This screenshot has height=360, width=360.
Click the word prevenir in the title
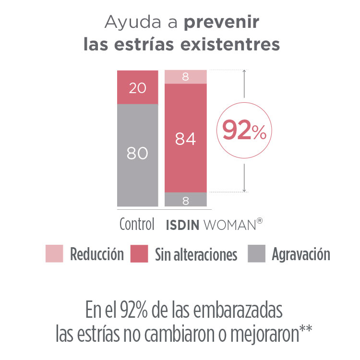click(x=222, y=23)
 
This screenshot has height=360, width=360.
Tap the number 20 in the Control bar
click(x=137, y=88)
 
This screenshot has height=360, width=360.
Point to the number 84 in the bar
click(x=185, y=139)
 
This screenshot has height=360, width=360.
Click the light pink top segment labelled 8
click(x=185, y=77)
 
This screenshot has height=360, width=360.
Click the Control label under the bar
click(x=137, y=225)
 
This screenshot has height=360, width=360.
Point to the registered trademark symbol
click(x=260, y=221)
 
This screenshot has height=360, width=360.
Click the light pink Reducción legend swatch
click(x=54, y=253)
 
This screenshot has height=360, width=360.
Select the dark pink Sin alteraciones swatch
click(x=139, y=253)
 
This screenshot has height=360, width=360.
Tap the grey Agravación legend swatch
click(x=256, y=253)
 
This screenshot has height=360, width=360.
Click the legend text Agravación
click(x=301, y=254)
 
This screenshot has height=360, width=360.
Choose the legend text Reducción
click(x=97, y=254)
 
